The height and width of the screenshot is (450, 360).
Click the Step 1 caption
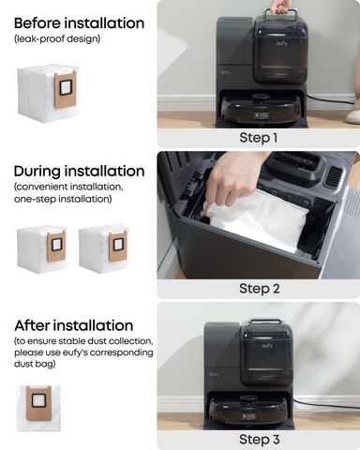(259, 138)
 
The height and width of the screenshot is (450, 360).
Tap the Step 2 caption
(260, 289)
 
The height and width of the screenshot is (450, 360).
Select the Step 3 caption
(260, 440)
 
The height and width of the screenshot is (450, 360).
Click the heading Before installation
(79, 23)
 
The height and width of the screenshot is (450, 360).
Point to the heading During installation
(79, 171)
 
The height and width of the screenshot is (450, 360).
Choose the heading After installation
(74, 325)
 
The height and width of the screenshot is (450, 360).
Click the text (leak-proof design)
(57, 38)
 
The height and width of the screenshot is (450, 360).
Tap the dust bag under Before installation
(47, 92)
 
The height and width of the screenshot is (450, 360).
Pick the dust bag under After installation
(38, 408)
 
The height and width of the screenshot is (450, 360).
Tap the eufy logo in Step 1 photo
(281, 43)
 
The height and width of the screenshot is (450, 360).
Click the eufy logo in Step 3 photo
(267, 346)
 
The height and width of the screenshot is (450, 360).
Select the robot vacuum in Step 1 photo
(261, 110)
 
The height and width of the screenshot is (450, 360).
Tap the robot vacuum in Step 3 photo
(248, 411)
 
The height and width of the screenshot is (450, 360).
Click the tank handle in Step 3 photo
(265, 322)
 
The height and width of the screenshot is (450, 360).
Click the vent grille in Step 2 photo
(336, 176)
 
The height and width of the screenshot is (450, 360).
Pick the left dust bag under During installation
(41, 248)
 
